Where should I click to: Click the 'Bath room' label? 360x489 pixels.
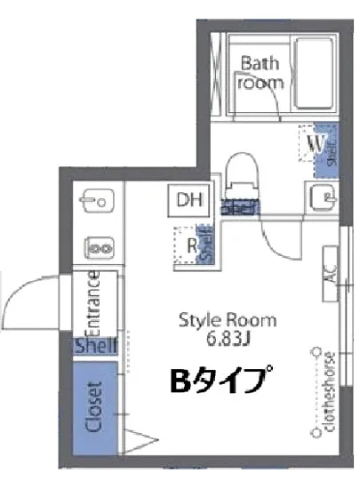click(x=260, y=72)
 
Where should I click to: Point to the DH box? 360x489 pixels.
click(x=188, y=199)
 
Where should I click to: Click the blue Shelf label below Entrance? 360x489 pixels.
click(x=95, y=346)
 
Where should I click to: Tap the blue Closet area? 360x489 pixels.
click(x=93, y=405)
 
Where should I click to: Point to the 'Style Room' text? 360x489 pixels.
click(x=228, y=319)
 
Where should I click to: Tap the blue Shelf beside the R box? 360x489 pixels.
click(x=206, y=245)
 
